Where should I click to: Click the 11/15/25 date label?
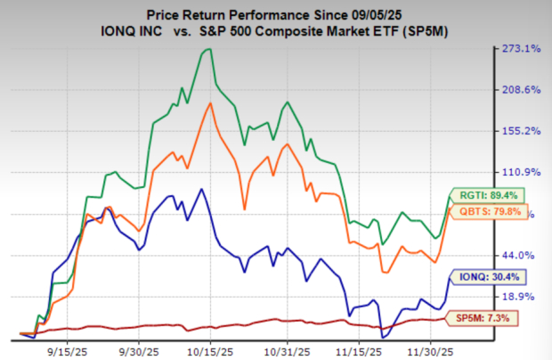pos(363,349)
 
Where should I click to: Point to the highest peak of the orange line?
pos(210,102)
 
